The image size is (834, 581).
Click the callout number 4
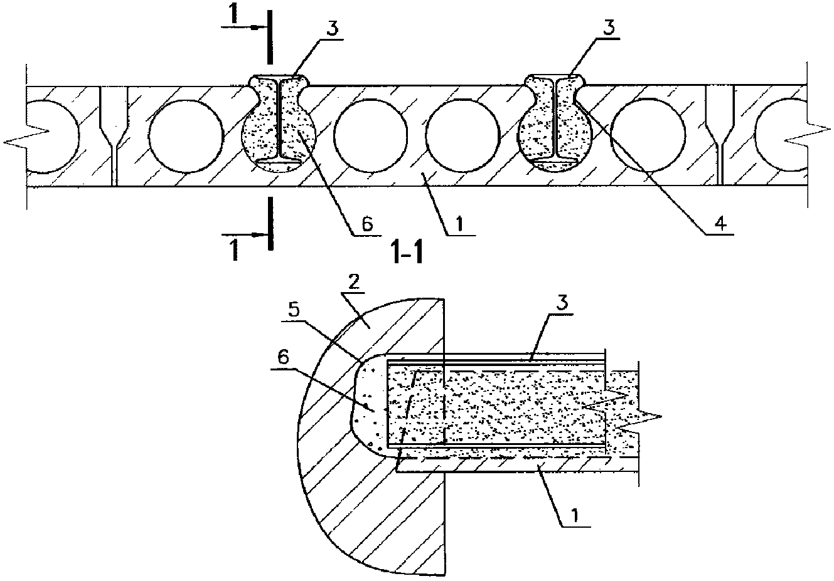721,224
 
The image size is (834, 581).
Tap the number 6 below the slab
367,224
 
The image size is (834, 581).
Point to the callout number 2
354,284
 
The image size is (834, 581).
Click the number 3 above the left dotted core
333,28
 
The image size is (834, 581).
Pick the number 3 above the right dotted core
609,28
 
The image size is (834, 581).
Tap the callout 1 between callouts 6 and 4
460,224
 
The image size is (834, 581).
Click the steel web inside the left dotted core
279,118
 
